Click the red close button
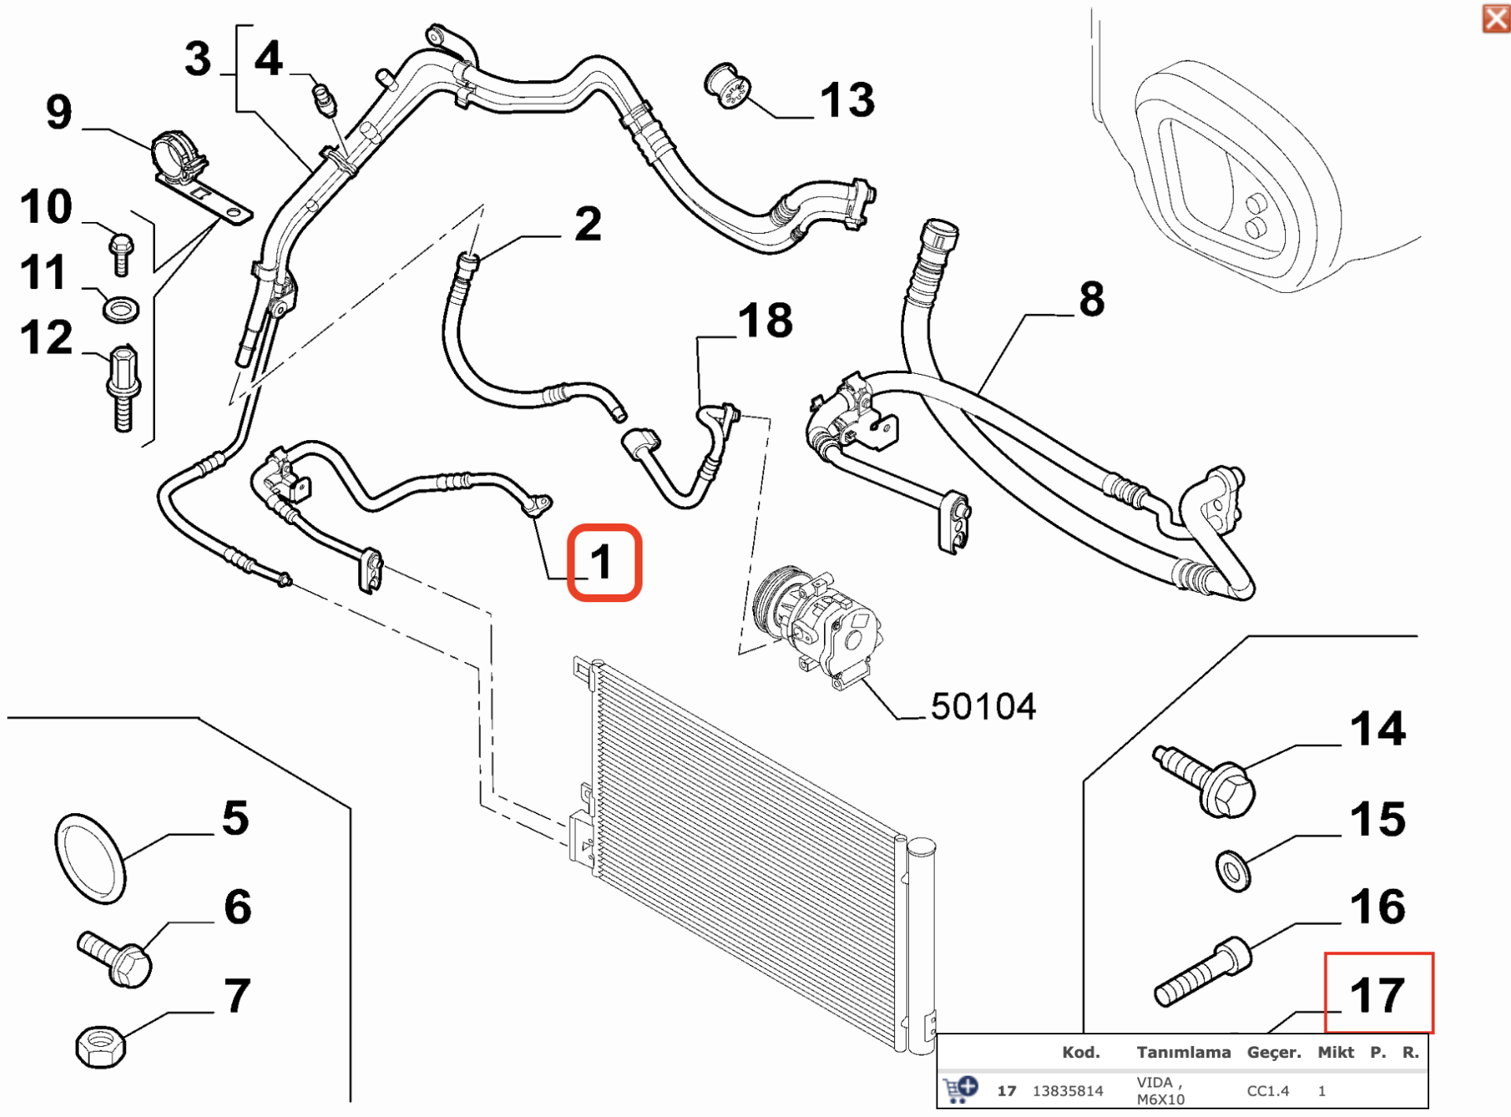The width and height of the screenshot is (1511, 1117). tap(1495, 19)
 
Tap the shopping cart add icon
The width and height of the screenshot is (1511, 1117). tap(959, 1089)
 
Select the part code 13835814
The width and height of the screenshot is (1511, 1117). tap(1067, 1091)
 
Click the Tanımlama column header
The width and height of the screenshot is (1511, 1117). tap(1183, 1052)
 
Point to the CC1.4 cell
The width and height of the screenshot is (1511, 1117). tap(1268, 1091)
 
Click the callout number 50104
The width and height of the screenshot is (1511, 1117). tap(983, 707)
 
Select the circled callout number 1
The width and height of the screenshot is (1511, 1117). tap(604, 562)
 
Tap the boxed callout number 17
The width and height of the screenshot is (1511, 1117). tap(1378, 993)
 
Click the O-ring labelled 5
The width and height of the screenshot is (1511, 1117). tap(90, 859)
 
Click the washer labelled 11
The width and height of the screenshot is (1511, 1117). tap(121, 309)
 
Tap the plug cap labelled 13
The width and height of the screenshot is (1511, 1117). tap(727, 87)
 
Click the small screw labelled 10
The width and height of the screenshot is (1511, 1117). tap(121, 253)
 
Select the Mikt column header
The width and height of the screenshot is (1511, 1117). tap(1336, 1052)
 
